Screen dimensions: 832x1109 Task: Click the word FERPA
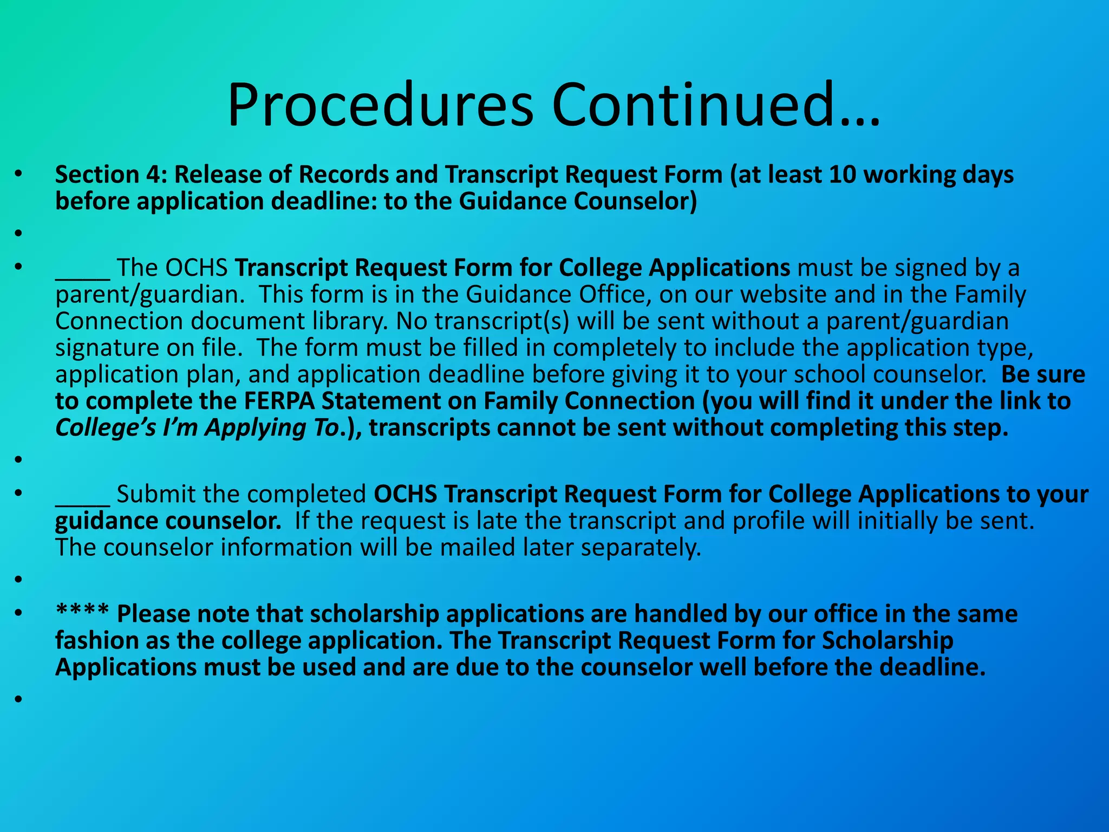tap(279, 401)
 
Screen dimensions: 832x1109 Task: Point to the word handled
tap(680, 614)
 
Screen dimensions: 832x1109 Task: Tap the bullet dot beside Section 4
tap(19, 174)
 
